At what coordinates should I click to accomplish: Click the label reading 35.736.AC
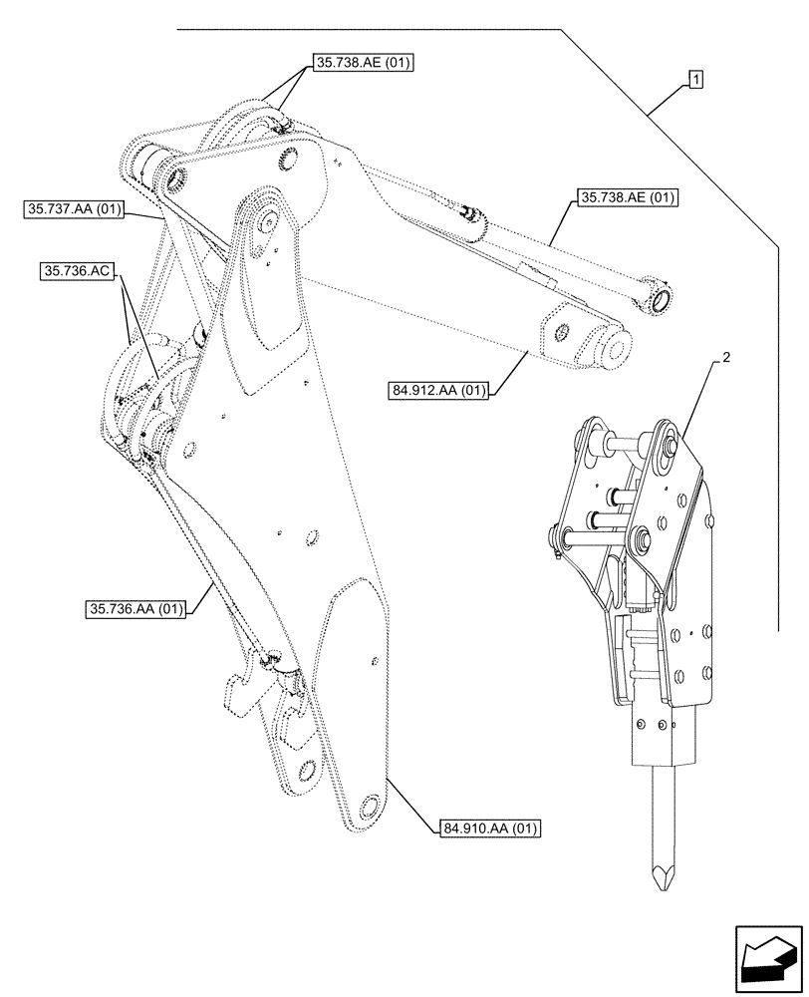(77, 270)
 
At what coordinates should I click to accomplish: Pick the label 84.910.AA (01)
(489, 827)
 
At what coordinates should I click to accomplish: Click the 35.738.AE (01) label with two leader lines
(363, 62)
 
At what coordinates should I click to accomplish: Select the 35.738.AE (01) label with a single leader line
(625, 197)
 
